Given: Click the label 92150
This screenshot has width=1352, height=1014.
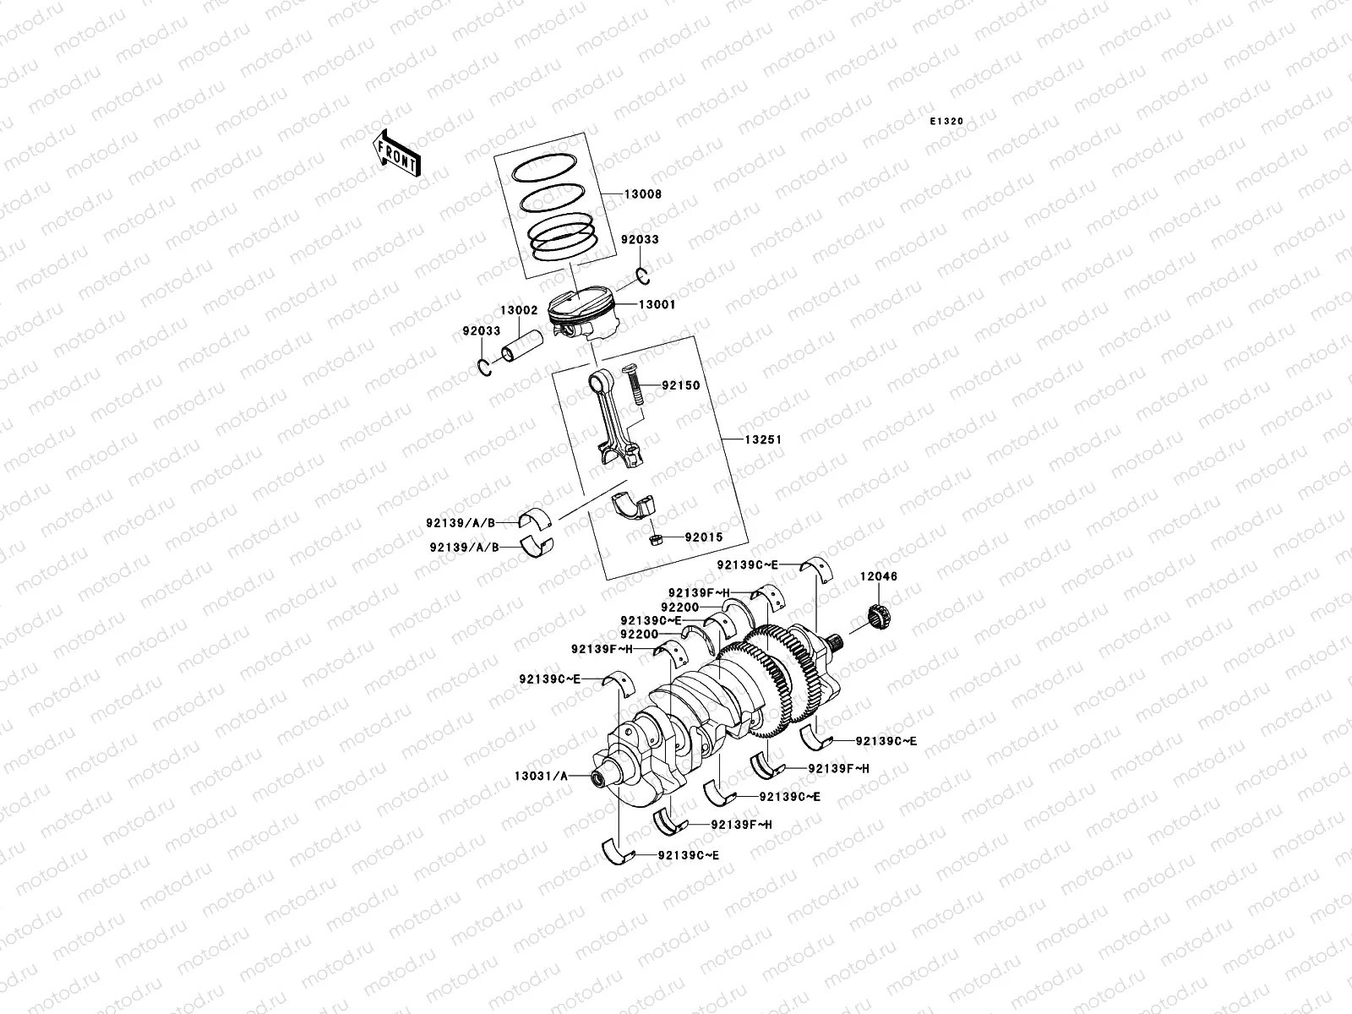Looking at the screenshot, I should pyautogui.click(x=680, y=385).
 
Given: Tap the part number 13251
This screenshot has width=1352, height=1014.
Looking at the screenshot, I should pyautogui.click(x=762, y=439).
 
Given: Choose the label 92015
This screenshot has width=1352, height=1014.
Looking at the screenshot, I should pyautogui.click(x=704, y=537).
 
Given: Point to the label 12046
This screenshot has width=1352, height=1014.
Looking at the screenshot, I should pyautogui.click(x=879, y=576).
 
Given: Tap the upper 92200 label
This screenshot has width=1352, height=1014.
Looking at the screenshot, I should pyautogui.click(x=679, y=607).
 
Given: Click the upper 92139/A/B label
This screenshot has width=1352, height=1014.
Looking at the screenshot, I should pyautogui.click(x=461, y=524).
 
